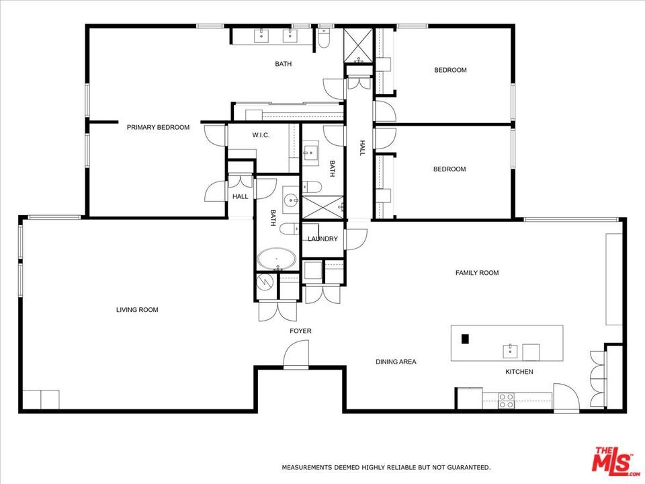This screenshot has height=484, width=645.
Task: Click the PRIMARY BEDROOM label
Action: coord(158,128)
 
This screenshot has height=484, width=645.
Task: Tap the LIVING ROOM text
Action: coord(137,310)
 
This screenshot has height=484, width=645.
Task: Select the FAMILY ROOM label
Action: coord(477,273)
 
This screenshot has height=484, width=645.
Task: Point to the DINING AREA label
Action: coord(396,362)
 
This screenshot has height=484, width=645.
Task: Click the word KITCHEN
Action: coord(519,372)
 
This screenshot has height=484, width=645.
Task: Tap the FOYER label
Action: coord(300,331)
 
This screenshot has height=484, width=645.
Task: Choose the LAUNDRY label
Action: coord(322,239)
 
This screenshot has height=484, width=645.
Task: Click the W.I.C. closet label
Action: coord(261,135)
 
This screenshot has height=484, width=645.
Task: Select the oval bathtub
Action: coord(276,259)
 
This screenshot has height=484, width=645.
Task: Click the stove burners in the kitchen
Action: coord(507,401)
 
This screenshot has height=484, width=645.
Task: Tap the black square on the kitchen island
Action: coord(465,339)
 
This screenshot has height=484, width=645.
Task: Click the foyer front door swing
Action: coord(296,354)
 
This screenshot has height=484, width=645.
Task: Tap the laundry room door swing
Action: coord(355,239)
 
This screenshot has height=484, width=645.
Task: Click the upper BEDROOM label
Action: coord(450,71)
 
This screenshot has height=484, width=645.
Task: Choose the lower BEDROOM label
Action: coord(449,169)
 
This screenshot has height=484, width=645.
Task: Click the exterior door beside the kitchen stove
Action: coord(566,397)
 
